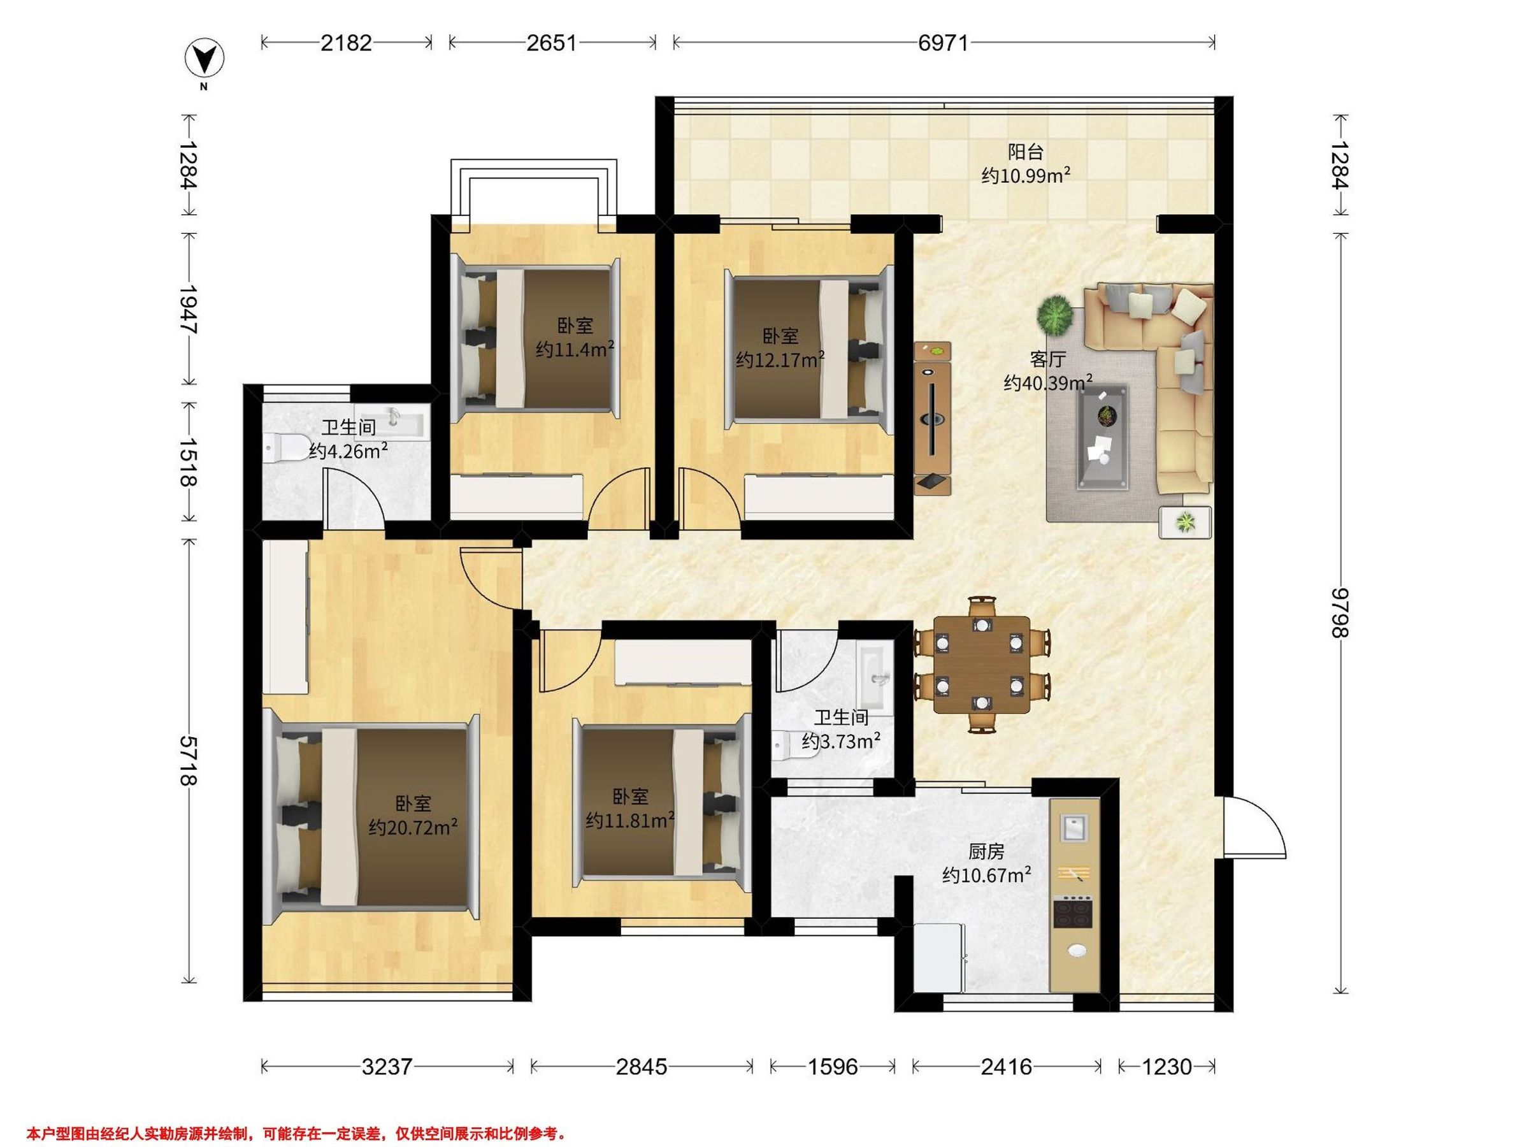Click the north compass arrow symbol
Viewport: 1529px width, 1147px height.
pos(205,60)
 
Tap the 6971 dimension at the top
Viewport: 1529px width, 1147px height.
pos(944,43)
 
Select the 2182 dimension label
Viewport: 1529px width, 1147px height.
pos(347,43)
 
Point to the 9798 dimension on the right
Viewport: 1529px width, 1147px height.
pos(1341,612)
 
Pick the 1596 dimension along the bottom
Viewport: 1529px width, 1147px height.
pos(832,1067)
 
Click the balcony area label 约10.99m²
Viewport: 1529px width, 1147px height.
pos(1026,176)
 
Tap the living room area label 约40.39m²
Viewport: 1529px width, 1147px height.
pos(1048,382)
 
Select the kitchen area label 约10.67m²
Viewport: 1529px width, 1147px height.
pos(986,876)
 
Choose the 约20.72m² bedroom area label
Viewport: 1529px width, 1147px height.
pos(413,827)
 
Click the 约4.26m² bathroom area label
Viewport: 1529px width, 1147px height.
pos(348,451)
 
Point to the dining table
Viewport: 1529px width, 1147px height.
pos(982,665)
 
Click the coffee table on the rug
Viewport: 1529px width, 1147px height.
pos(1104,437)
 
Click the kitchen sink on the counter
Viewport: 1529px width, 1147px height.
pos(1073,828)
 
